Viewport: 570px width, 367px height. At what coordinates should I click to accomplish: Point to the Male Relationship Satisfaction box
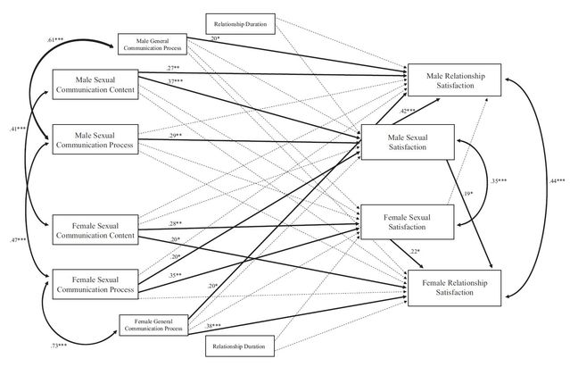tap(454, 82)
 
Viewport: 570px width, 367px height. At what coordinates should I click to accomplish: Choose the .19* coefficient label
tap(468, 194)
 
